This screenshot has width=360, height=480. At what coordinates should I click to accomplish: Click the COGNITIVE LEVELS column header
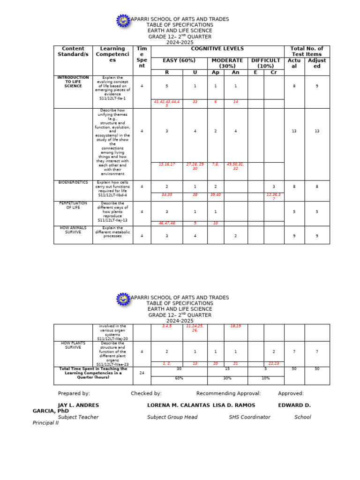217,49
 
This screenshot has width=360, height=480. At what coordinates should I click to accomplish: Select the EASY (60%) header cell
179,60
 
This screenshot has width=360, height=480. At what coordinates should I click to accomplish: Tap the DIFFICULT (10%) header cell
265,63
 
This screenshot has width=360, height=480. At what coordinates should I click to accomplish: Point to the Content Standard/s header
73,52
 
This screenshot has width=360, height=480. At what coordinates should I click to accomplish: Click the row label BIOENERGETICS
73,182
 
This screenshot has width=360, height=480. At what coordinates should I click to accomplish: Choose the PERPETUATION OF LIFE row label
73,205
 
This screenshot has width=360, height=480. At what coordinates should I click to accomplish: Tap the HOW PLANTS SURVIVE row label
73,345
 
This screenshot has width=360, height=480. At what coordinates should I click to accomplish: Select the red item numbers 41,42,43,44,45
166,104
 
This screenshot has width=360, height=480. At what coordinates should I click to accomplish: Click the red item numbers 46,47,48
166,224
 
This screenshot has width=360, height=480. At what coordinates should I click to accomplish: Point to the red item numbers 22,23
273,363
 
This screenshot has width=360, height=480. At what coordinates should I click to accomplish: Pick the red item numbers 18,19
235,326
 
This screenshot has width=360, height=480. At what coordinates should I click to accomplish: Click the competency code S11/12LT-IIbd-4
112,195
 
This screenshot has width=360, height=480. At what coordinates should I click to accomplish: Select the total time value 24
142,373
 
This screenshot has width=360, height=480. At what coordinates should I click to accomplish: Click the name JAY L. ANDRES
78,405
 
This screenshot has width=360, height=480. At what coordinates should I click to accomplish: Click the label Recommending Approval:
228,394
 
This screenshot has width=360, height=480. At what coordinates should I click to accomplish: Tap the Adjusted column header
317,63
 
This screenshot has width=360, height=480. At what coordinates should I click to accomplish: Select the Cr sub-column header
273,72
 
